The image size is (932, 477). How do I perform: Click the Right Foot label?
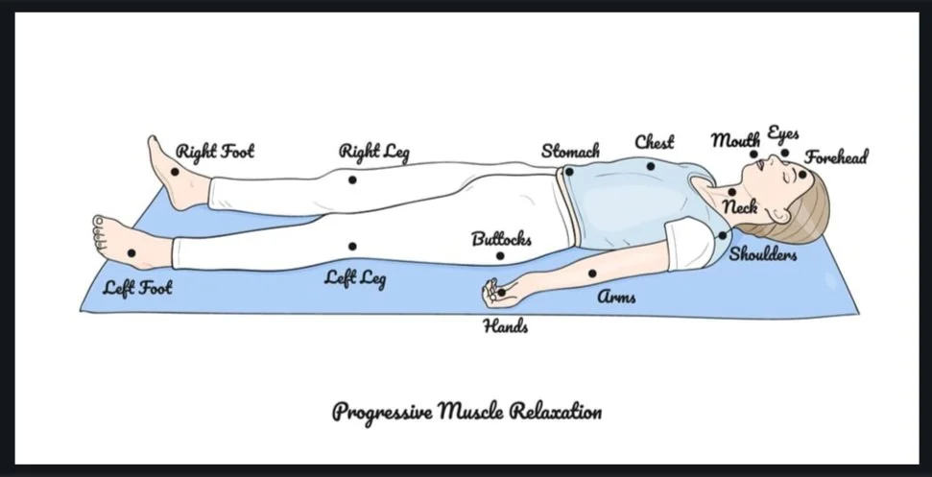(x=215, y=152)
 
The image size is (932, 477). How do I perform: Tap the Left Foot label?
(x=138, y=287)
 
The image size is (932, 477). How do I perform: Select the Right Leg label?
(x=374, y=152)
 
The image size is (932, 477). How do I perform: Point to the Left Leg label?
(x=355, y=278)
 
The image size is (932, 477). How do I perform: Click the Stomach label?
(x=570, y=151)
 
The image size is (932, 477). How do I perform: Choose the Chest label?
(x=655, y=142)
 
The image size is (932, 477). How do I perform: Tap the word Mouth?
(x=735, y=140)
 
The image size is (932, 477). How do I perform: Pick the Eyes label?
(x=782, y=133)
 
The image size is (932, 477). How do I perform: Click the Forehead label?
(x=836, y=156)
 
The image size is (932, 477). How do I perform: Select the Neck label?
(x=740, y=206)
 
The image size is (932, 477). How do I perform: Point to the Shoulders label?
(x=763, y=254)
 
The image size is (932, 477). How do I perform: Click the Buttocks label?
(x=501, y=239)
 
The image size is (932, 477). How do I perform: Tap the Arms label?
(x=617, y=297)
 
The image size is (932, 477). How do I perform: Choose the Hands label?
(x=505, y=326)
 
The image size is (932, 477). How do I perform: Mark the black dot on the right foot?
(x=175, y=172)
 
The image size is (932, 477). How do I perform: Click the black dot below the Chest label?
(x=650, y=166)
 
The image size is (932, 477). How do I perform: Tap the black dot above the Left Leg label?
(x=353, y=247)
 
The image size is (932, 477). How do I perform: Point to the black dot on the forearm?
(x=592, y=274)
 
